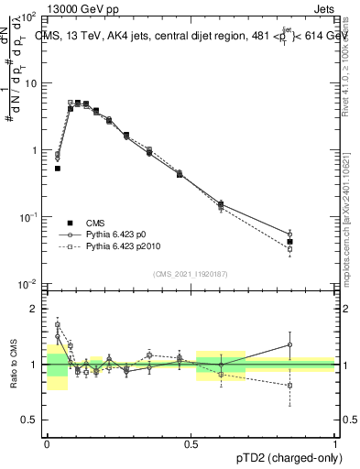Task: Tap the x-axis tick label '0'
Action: click(47, 443)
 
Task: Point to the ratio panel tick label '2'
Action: click(35, 309)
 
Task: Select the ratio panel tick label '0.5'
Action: click(30, 420)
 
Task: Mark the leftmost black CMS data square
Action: click(57, 169)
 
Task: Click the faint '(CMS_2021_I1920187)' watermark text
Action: click(191, 274)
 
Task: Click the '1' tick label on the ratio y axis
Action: click(35, 365)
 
